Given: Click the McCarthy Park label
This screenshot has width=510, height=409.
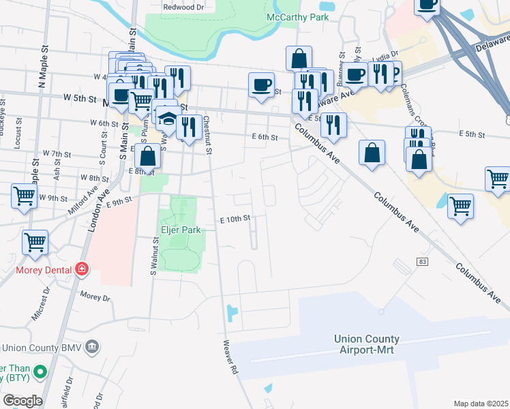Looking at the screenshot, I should [294, 17].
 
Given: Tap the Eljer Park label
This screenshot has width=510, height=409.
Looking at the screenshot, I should [181, 230].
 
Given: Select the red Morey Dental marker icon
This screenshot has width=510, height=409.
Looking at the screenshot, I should [82, 269].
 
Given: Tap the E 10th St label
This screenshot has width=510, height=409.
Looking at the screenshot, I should [236, 219].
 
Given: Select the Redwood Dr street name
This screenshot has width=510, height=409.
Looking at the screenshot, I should [183, 7].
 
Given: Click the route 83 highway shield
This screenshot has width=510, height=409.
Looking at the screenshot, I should [423, 262].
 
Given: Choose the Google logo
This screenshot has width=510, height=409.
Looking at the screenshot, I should [22, 400].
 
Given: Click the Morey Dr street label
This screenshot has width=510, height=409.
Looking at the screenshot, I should [95, 297].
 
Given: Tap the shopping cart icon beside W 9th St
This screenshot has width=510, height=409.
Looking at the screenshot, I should [24, 196].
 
